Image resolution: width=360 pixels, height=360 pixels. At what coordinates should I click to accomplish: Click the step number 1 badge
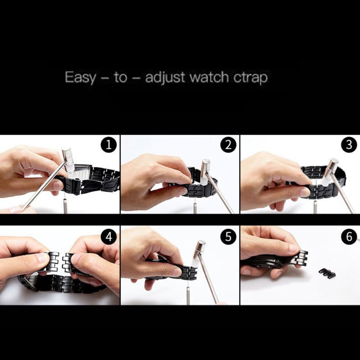(109, 145)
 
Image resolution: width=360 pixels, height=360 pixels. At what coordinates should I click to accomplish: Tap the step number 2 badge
(228, 145)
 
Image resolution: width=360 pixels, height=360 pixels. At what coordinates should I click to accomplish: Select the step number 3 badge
(349, 145)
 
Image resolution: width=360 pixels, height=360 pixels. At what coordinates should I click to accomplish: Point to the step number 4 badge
(109, 236)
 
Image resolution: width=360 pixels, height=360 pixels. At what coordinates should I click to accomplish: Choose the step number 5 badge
(228, 236)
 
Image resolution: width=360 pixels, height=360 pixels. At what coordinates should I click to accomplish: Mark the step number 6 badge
(349, 236)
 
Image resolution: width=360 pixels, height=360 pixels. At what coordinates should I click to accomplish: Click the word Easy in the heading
(81, 77)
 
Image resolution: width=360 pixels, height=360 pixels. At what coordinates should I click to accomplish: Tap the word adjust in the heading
(165, 77)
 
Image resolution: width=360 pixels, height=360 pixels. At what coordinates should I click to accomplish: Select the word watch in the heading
(209, 77)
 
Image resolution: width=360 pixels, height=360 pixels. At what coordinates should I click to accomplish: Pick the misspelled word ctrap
(251, 78)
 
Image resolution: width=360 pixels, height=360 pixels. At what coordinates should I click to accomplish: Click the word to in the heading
(120, 77)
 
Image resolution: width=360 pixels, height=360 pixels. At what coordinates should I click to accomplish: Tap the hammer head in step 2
(205, 172)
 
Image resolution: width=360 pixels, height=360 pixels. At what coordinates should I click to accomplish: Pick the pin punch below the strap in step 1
(65, 206)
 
